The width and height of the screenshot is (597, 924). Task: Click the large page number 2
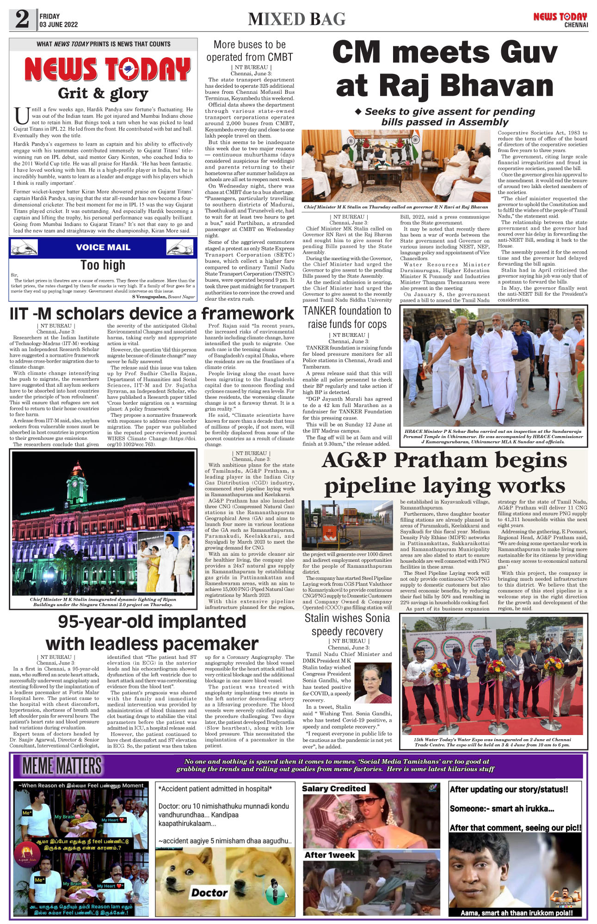22,19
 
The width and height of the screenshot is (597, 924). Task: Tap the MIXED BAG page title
297,19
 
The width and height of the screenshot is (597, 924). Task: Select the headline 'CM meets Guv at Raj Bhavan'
445,69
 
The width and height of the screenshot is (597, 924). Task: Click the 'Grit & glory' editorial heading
103,93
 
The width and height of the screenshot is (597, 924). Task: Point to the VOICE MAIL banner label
103,247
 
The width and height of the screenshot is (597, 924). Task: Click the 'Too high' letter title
103,265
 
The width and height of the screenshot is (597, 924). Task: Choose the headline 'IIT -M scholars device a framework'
152,314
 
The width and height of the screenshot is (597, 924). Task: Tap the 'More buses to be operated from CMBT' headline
250,51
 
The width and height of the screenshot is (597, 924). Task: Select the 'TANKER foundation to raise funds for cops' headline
347,317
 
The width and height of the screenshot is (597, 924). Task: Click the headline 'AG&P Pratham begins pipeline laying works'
444,473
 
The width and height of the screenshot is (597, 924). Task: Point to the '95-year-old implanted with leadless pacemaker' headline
152,632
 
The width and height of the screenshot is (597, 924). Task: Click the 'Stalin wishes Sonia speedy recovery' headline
347,625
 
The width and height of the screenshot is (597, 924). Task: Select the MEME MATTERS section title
62,766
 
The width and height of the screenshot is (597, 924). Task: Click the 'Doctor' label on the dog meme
209,893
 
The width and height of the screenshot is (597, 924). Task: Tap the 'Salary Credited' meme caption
334,789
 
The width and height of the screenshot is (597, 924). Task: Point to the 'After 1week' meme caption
330,855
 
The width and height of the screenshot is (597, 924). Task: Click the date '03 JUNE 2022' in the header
59,24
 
